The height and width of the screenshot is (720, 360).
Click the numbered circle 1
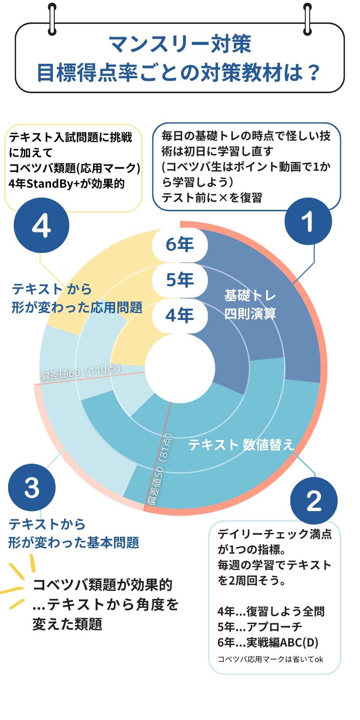coord(308,221)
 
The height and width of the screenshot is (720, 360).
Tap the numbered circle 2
coord(314,501)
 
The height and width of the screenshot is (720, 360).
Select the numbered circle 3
coord(32,488)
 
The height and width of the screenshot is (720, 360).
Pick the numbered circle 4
coord(41,225)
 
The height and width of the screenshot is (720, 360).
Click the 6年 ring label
coord(180,245)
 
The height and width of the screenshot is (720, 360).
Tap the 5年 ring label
coord(180,280)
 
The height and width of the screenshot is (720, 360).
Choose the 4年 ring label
coord(180,315)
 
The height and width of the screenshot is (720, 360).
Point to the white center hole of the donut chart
coord(180,368)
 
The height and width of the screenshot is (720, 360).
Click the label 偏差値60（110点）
coord(81,372)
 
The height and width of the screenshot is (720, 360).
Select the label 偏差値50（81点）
coord(160,469)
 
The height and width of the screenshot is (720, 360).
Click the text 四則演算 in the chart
coord(250,314)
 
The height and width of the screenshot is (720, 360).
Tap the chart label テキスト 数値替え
coord(241,445)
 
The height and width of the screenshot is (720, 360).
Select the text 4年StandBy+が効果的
coord(67,184)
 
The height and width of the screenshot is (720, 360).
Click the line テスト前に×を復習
coord(212,198)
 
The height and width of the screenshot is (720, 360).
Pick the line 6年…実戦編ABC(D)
coord(268,642)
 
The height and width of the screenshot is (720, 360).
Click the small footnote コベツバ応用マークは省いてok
coord(270,659)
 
